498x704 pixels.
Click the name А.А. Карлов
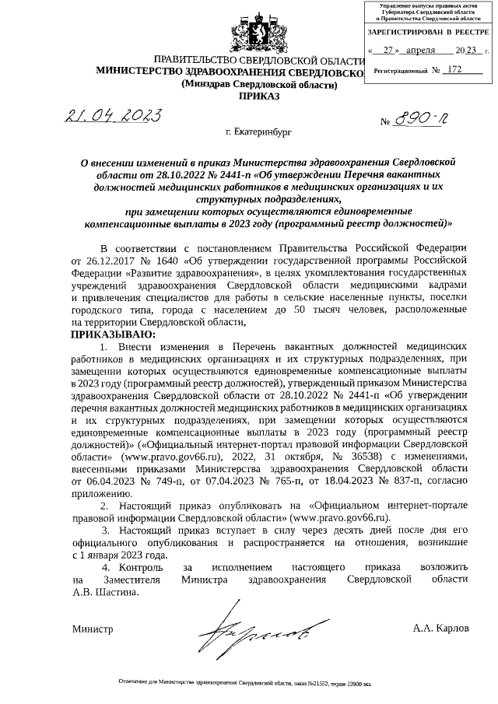441,628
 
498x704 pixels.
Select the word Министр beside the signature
92,628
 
